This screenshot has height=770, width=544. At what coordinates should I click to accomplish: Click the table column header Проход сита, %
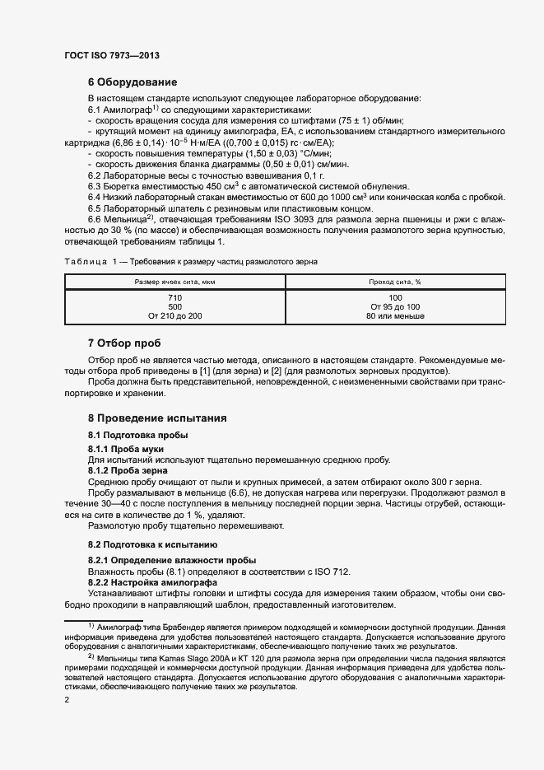(394, 282)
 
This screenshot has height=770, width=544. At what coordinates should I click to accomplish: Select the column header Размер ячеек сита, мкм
(174, 282)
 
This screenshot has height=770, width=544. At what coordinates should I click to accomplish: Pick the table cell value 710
(174, 297)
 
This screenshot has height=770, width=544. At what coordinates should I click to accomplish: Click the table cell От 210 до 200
(174, 316)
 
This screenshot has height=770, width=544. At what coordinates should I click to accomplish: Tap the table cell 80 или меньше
(394, 316)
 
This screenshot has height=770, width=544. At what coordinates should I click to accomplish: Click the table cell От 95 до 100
(394, 306)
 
